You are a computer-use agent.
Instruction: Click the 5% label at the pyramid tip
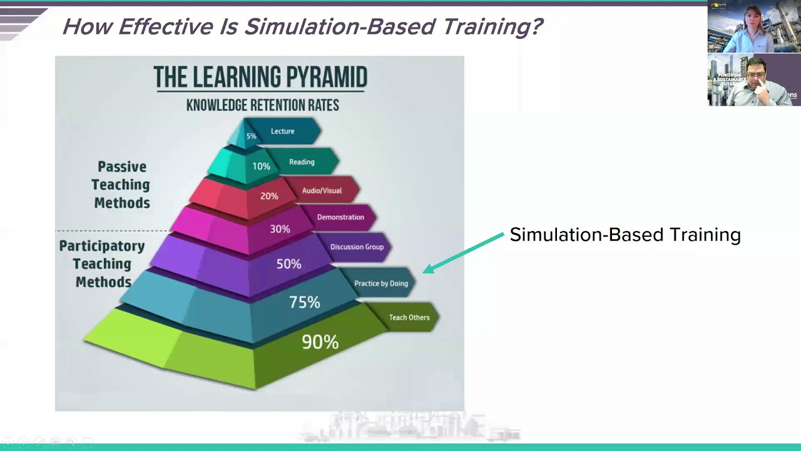tap(251, 136)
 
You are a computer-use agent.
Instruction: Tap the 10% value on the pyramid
tap(261, 166)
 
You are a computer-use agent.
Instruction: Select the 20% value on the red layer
tap(269, 196)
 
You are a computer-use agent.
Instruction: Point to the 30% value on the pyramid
tap(280, 229)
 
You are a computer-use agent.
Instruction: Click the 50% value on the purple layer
tap(288, 264)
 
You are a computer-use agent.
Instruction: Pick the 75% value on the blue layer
tap(305, 303)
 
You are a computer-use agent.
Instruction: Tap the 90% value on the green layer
tap(320, 341)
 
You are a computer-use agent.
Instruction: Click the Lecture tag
tap(283, 131)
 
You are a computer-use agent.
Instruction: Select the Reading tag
tap(302, 162)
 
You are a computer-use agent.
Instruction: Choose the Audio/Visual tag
tap(322, 190)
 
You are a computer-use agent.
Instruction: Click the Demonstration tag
tap(340, 217)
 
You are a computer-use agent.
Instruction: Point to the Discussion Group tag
tap(357, 247)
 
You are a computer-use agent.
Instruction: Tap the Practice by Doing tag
tap(380, 283)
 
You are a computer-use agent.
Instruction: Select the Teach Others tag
tap(409, 318)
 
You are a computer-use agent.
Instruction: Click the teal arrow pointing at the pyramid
tap(463, 252)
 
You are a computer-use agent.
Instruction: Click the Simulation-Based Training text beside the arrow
tap(625, 235)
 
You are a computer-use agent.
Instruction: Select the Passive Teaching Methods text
tap(121, 185)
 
